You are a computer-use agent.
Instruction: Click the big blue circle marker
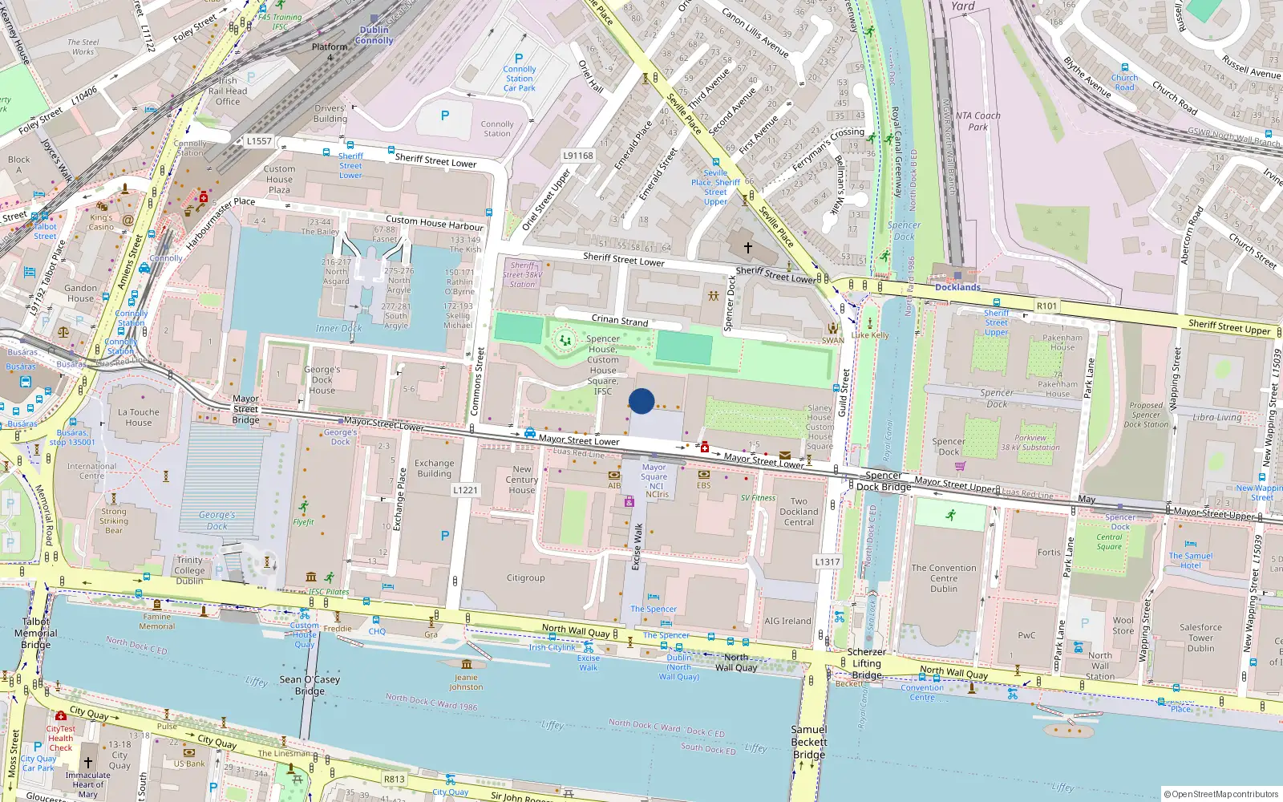641,401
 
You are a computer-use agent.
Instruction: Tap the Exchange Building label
435,468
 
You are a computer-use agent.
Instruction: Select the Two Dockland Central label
799,512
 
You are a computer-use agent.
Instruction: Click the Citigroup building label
525,577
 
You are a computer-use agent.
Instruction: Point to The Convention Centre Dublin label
944,578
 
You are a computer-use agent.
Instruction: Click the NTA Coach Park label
977,121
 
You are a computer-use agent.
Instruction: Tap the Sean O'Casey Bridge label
310,685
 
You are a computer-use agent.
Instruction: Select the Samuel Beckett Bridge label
808,742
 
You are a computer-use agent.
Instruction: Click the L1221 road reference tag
465,490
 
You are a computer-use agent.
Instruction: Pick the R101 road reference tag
1046,306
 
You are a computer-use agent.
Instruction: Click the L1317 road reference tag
828,561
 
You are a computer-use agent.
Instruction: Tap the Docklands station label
957,287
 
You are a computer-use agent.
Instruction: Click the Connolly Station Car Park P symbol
519,59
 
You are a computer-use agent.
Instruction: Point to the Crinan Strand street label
619,321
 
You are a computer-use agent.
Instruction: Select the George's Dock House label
322,380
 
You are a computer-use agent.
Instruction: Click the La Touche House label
139,417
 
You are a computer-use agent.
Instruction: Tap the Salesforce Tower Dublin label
1200,638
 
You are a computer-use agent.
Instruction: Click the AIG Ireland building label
787,621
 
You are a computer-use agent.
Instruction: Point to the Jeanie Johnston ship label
466,682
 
